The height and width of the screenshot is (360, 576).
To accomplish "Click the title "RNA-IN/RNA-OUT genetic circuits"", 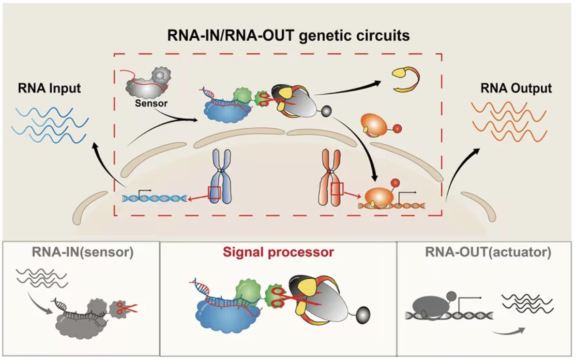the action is point(288,36).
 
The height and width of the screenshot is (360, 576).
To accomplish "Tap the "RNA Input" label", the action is point(49,88).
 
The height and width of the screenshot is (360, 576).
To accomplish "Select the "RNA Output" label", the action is point(516,88).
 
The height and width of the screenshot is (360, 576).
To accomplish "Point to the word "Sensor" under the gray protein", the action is point(151,103).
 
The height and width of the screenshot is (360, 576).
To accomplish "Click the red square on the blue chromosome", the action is point(214,193).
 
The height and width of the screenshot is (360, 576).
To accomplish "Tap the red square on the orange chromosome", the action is point(337,189).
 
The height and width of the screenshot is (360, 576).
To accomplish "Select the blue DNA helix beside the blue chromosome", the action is point(155,198).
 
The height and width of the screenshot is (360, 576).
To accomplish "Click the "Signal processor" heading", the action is point(278,252).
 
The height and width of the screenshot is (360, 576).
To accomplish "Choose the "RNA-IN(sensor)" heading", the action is point(83,252).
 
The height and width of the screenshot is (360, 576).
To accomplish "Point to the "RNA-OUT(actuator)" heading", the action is point(488,252).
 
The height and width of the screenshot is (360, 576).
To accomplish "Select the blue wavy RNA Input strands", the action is point(50,125).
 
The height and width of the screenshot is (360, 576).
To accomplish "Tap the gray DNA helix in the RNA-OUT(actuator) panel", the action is point(449,315).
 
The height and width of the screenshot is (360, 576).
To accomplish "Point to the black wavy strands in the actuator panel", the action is point(528,303).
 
